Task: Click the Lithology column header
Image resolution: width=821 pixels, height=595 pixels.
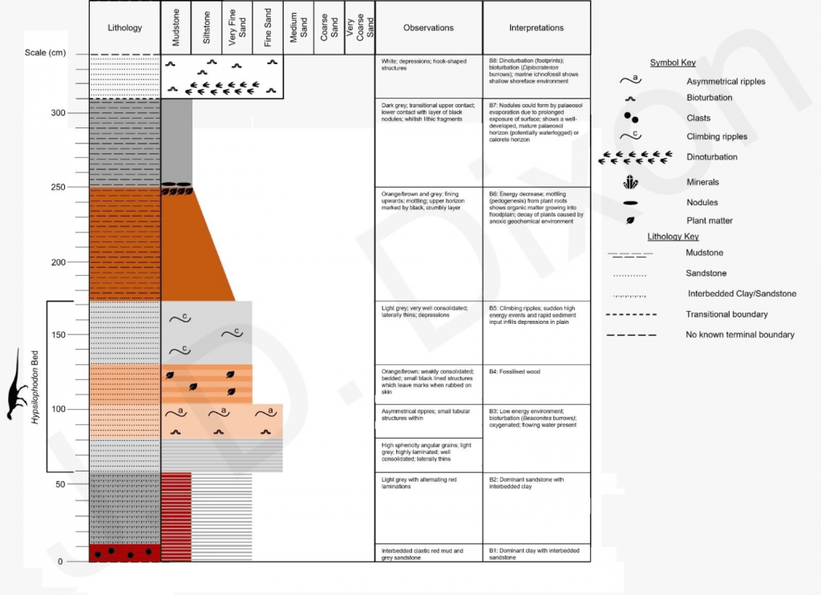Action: click(124, 28)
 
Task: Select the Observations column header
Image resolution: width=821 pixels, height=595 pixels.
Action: click(428, 28)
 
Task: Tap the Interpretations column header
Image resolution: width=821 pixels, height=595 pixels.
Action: click(536, 28)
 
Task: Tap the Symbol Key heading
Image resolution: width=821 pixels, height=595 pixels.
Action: click(672, 63)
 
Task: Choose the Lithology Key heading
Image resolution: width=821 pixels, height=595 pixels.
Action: click(673, 237)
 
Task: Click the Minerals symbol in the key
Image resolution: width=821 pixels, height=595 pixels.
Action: click(630, 182)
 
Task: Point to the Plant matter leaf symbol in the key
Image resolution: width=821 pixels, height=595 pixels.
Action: click(630, 220)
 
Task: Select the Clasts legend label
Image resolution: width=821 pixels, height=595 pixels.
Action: click(699, 118)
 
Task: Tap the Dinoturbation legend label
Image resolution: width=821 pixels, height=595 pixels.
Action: click(712, 157)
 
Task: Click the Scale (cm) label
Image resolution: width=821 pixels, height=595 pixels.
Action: click(42, 53)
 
